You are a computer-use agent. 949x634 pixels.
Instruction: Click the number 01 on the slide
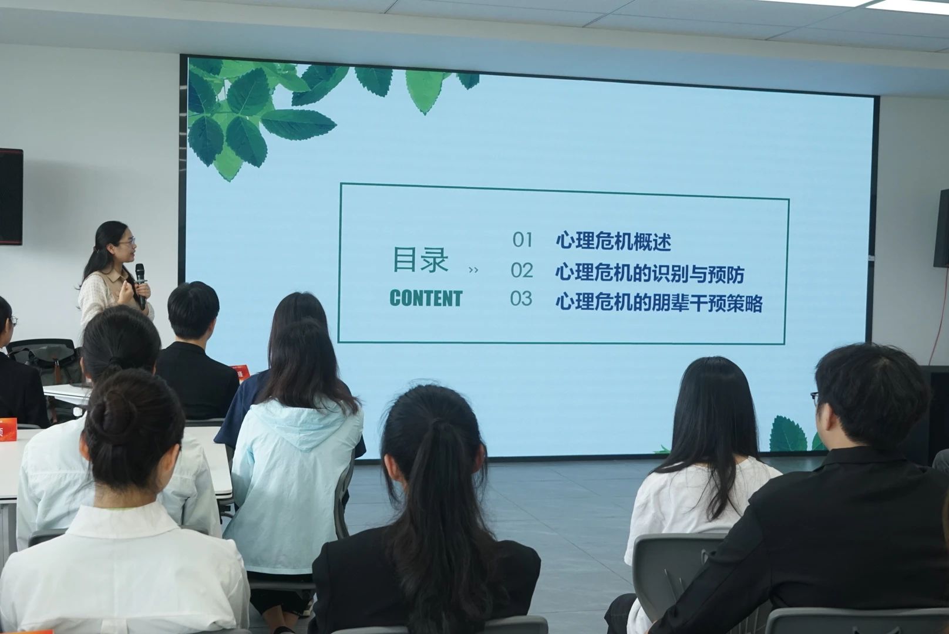(523, 240)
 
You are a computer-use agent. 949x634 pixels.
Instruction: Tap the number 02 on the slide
(522, 270)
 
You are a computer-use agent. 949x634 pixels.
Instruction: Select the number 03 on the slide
(521, 299)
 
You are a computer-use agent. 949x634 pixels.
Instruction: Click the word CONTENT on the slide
(426, 298)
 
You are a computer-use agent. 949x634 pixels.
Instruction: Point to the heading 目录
(420, 259)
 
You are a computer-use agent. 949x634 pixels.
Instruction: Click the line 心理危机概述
(614, 241)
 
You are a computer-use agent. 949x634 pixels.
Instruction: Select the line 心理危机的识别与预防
(650, 274)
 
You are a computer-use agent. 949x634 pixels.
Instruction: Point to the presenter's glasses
(128, 242)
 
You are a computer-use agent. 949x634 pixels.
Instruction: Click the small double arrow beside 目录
(474, 270)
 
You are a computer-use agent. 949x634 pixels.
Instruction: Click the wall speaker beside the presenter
(11, 197)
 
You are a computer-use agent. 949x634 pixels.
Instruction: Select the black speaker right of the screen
(941, 229)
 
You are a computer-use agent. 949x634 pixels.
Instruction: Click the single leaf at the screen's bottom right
(788, 434)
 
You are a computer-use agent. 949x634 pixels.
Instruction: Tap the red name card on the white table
(8, 430)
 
